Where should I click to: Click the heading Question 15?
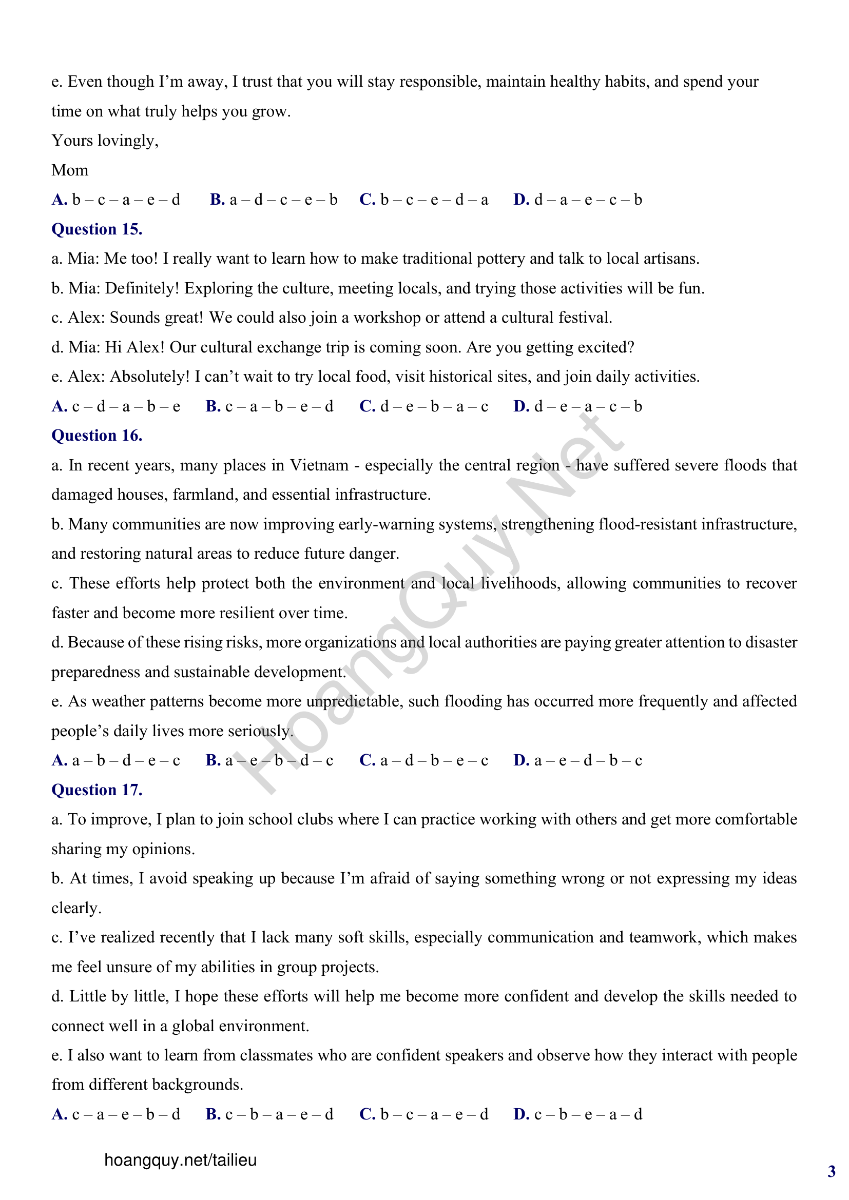click(x=97, y=229)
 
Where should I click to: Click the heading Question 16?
click(x=97, y=436)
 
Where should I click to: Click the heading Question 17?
click(x=97, y=790)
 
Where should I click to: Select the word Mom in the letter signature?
click(x=69, y=170)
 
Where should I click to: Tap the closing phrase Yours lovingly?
click(x=105, y=141)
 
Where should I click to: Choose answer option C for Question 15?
click(x=367, y=406)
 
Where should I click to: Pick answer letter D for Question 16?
click(x=521, y=760)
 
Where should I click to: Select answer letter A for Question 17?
click(x=59, y=1114)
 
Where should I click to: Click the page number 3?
click(x=831, y=1171)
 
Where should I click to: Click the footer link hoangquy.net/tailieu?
click(x=180, y=1160)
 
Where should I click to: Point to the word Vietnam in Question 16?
click(x=319, y=465)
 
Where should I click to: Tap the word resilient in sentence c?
click(x=247, y=613)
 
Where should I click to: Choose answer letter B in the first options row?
click(x=217, y=200)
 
